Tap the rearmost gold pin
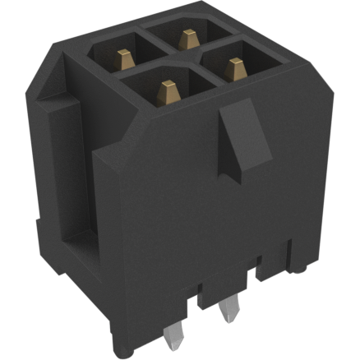187,39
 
